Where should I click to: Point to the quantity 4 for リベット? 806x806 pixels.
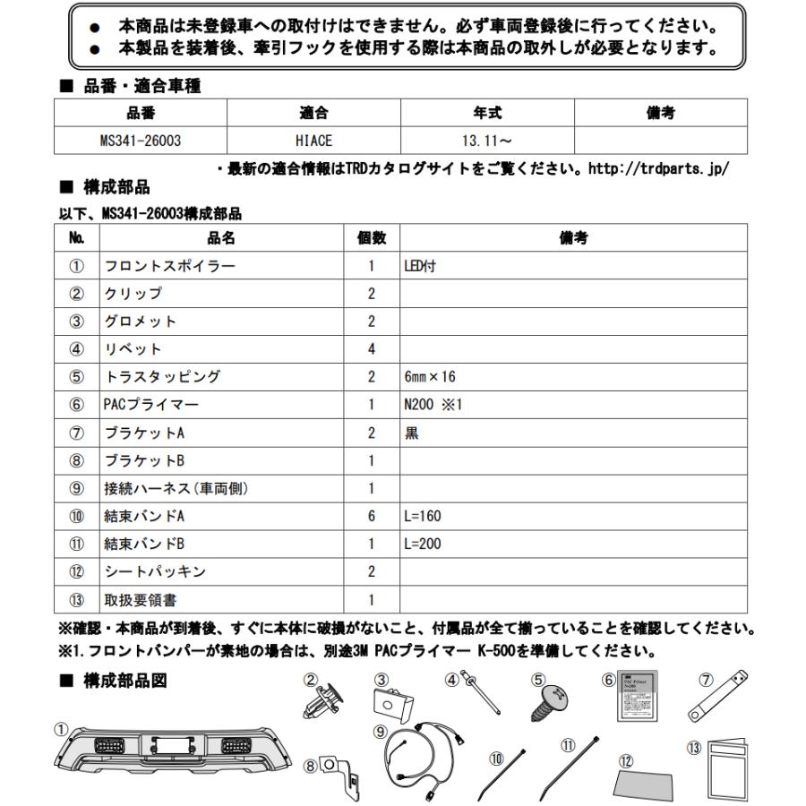pyautogui.click(x=371, y=349)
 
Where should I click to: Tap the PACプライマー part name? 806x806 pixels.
pyautogui.click(x=151, y=405)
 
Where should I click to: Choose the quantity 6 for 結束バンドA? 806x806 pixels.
pyautogui.click(x=371, y=516)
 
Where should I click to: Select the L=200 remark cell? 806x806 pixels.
pyautogui.click(x=423, y=544)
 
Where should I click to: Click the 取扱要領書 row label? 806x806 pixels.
pyautogui.click(x=143, y=599)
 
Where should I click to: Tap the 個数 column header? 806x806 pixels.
pyautogui.click(x=371, y=237)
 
